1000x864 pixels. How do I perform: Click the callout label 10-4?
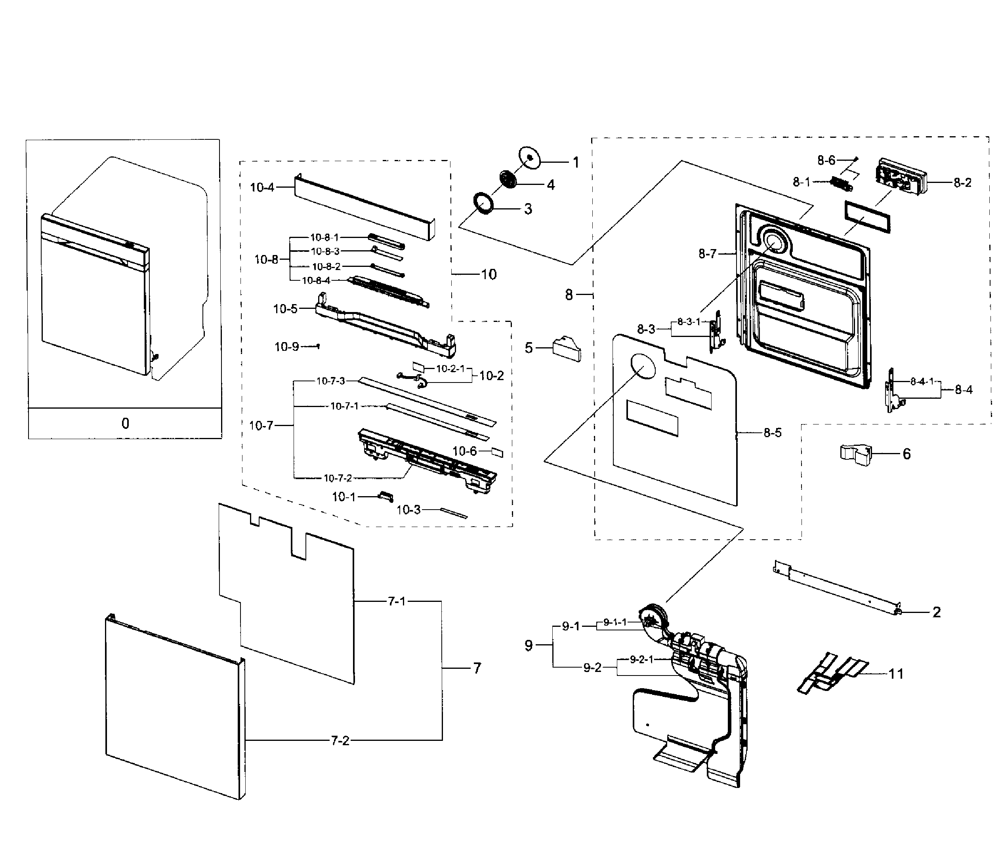(x=262, y=187)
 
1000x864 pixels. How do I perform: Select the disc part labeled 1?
(x=529, y=158)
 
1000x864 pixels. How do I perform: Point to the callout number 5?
(x=529, y=348)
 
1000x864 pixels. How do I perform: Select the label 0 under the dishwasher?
(x=125, y=424)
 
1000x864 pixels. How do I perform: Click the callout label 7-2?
(x=340, y=740)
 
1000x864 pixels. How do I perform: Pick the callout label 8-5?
(x=772, y=433)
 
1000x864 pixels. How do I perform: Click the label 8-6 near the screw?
(x=826, y=160)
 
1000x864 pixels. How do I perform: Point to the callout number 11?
(x=896, y=674)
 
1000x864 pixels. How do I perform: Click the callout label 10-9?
(x=287, y=347)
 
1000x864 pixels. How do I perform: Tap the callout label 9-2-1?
(x=641, y=659)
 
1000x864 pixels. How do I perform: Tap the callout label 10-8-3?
(x=325, y=251)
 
